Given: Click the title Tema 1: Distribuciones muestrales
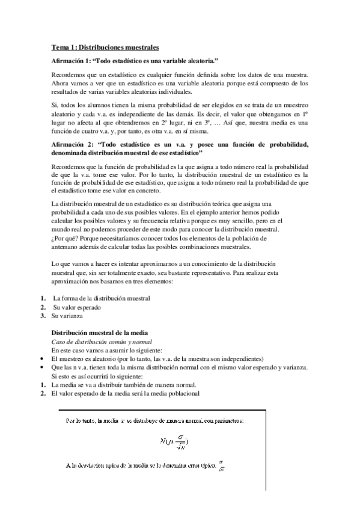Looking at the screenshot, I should pos(105,46).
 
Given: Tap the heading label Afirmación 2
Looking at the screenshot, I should pos(72,144).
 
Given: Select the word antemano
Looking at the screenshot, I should pos(66,247).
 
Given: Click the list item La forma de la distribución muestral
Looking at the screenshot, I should pos(101,298).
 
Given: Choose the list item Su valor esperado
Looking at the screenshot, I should pos(76,307).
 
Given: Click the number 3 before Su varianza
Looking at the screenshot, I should pos(43,315).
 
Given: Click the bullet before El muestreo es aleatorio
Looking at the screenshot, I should pos(43,358).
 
